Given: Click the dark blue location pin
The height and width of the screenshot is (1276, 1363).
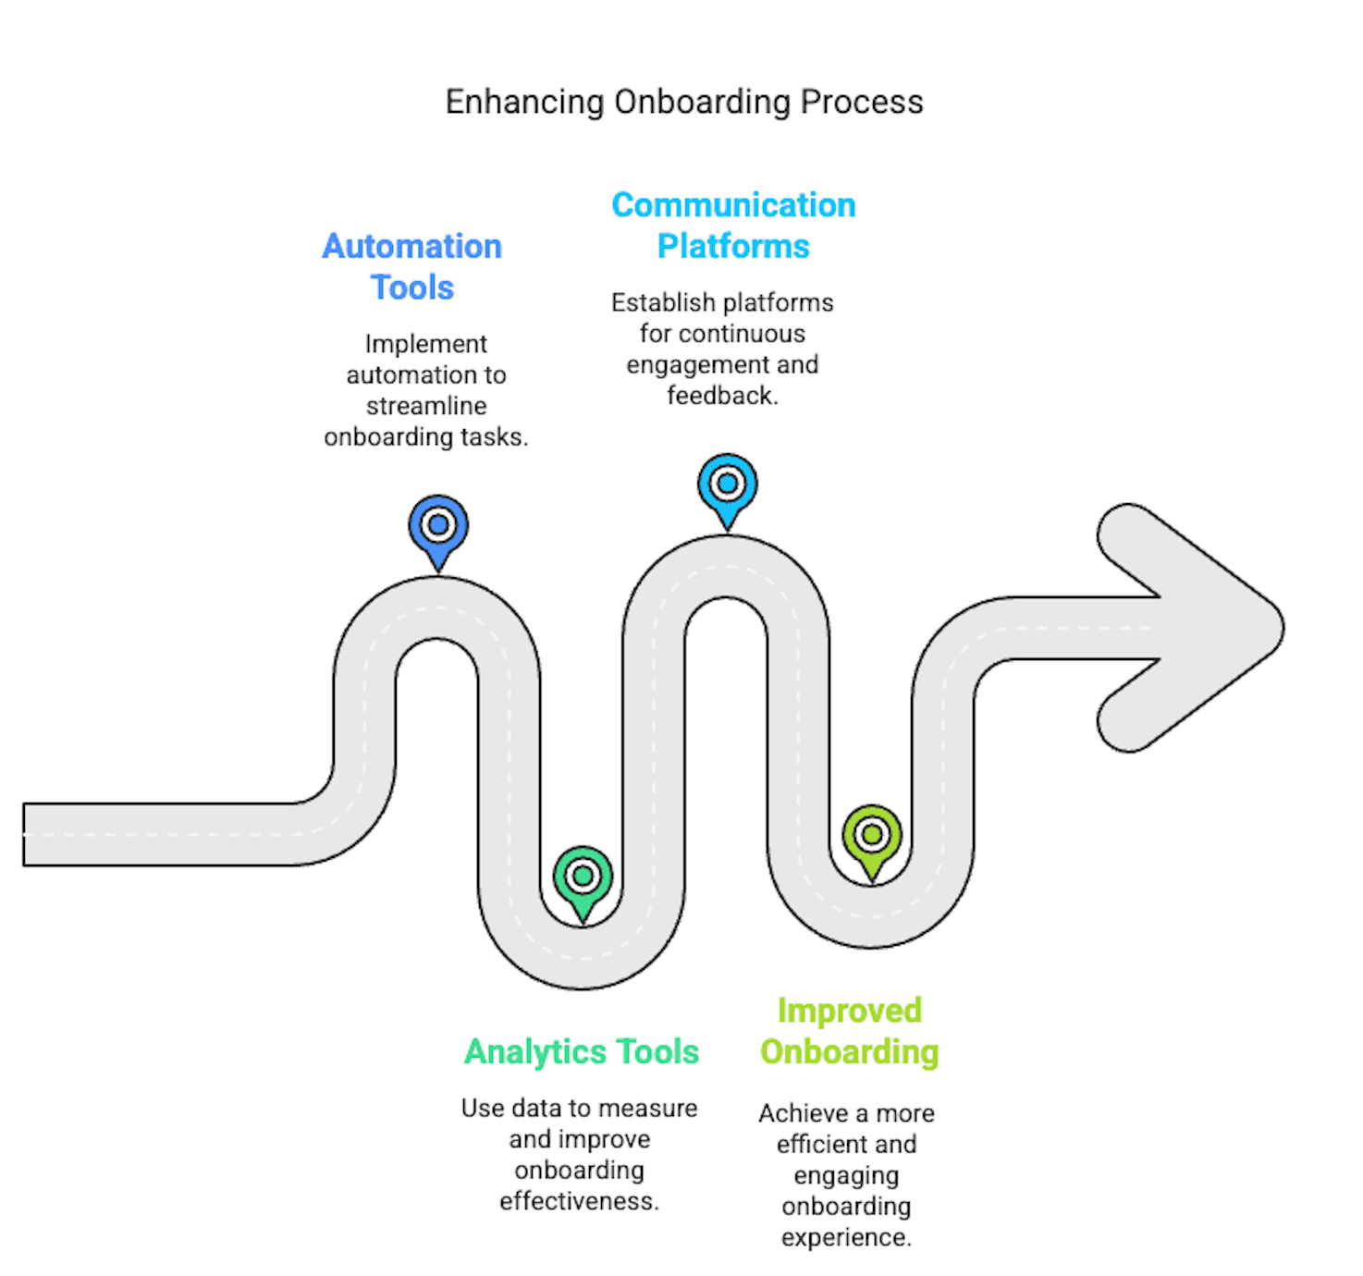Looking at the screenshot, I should click(x=438, y=528).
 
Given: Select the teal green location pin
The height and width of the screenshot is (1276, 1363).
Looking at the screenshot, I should click(x=583, y=877).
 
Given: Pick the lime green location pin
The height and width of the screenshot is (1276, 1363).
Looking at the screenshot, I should click(x=872, y=837).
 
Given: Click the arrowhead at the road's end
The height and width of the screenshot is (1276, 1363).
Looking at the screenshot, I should click(x=1202, y=628).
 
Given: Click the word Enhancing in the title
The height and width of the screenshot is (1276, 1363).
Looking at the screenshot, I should click(x=524, y=103).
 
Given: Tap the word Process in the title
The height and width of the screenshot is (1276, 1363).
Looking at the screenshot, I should click(x=862, y=103).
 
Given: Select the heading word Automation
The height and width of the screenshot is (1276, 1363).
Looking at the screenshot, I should click(x=412, y=247).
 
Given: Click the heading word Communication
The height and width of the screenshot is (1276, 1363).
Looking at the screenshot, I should click(x=733, y=205).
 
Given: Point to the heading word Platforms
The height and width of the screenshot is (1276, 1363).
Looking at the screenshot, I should click(x=733, y=247).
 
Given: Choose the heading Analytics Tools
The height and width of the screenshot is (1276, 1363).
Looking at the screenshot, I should click(x=582, y=1052).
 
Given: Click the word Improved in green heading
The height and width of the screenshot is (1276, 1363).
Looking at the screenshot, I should click(x=849, y=1011).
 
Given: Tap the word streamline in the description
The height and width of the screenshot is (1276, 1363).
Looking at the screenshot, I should click(x=426, y=406).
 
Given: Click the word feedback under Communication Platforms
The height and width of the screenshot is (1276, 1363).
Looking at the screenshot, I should click(x=722, y=396).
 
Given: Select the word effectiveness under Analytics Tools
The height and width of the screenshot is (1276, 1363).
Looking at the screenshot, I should click(x=579, y=1201).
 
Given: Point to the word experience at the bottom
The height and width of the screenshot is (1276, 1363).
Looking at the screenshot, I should click(x=846, y=1237).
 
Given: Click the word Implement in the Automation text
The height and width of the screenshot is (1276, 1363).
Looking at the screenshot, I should click(x=425, y=344).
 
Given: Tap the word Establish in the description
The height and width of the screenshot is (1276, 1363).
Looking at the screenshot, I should click(x=663, y=303).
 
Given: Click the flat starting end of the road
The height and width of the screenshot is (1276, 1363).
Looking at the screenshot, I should click(x=37, y=835).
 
